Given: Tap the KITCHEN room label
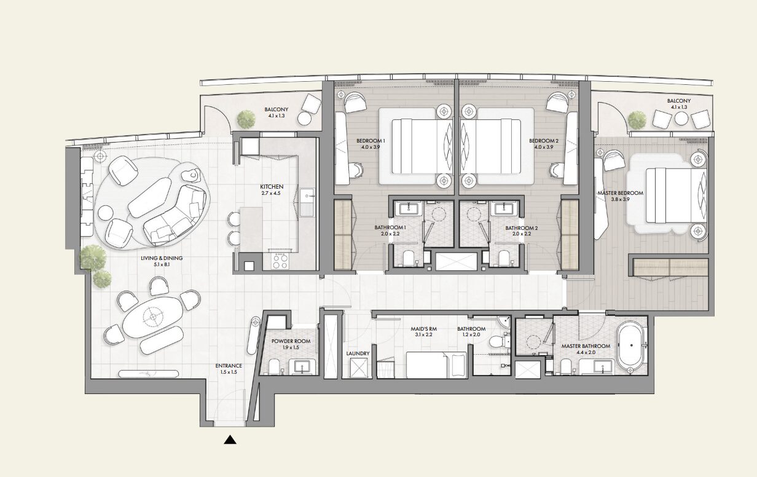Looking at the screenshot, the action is [272, 187].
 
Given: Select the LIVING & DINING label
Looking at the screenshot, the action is [162, 258].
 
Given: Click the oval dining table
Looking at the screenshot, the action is [153, 317].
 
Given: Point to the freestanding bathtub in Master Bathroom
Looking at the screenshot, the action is [630, 347].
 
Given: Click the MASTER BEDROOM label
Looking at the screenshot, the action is [621, 194].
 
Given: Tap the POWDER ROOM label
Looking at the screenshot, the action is [291, 341].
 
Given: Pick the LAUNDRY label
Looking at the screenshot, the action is [358, 353].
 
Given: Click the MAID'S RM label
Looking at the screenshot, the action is [424, 329].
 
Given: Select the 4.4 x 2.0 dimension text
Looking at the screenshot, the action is [586, 352].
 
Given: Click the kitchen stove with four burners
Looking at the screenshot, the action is [280, 261].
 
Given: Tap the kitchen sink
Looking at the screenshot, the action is [307, 202].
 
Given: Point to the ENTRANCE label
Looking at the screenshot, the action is [229, 366].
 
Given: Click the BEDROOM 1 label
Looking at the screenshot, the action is [371, 141].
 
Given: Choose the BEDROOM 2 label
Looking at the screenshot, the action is [544, 141].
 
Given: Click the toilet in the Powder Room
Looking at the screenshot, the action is [274, 366].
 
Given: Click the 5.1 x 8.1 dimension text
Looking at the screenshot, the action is [162, 264].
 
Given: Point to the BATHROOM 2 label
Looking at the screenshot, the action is [522, 228].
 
